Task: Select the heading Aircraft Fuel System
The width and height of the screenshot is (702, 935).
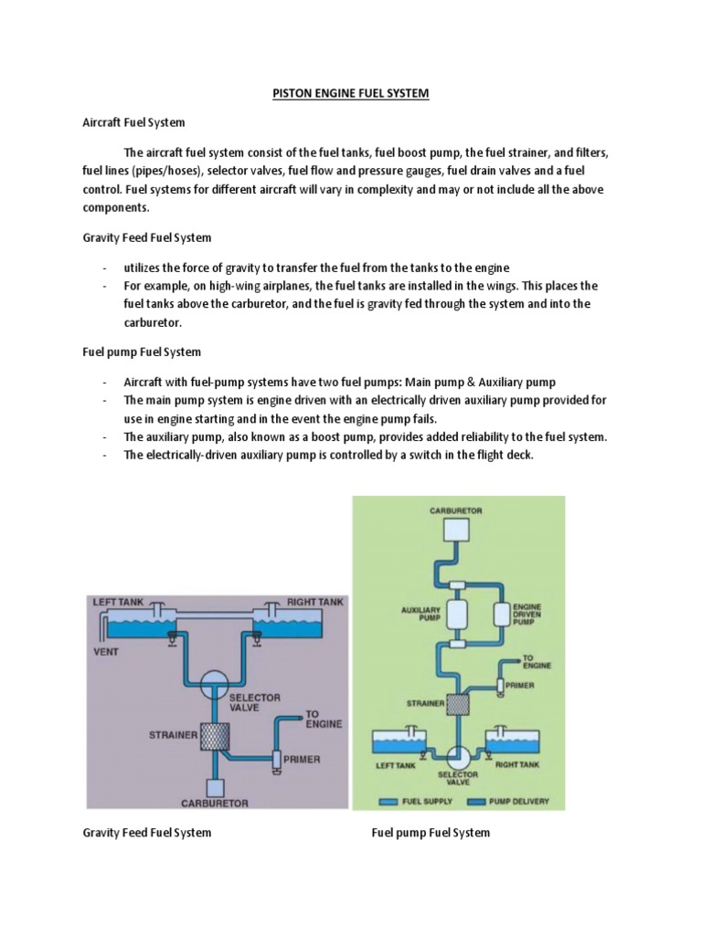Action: (x=133, y=121)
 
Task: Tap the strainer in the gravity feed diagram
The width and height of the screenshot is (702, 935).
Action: (x=216, y=733)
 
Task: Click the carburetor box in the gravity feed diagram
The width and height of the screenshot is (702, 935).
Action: (x=217, y=786)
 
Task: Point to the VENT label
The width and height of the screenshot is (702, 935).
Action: (x=106, y=653)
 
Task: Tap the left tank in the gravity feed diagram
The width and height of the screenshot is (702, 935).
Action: (x=133, y=626)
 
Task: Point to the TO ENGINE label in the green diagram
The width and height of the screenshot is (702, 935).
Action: (x=535, y=661)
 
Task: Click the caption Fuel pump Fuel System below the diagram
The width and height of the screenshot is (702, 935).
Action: (x=430, y=832)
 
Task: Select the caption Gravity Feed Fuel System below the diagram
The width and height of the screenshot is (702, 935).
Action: (x=146, y=832)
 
